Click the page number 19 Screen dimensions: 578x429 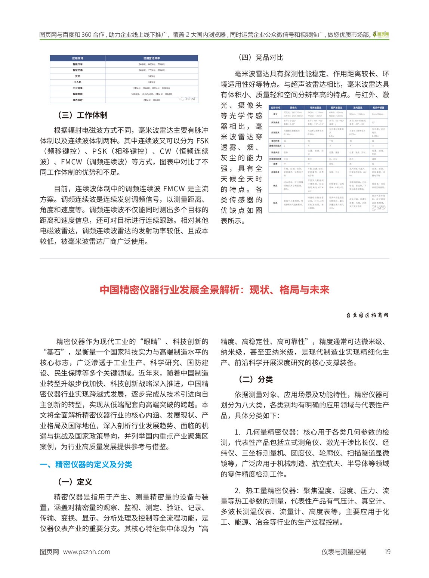pos(387,551)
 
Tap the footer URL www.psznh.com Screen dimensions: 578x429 pos(87,551)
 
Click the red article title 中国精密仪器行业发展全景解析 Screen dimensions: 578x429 pos(214,290)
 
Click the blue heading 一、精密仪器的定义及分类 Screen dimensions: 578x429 pos(86,464)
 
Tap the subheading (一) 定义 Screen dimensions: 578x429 pos(75,482)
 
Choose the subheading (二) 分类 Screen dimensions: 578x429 pos(256,379)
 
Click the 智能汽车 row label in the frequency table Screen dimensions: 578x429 pos(78,64)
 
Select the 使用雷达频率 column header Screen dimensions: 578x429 pos(151,58)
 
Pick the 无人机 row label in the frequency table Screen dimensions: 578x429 pos(78,82)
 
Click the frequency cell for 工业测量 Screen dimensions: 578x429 pos(151,88)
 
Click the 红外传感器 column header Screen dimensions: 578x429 pos(378,108)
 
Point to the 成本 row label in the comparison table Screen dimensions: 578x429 pos(275,164)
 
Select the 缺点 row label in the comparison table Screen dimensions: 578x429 pos(275,203)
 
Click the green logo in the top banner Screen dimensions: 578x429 pos(382,35)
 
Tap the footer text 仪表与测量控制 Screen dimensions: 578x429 pos(344,551)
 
